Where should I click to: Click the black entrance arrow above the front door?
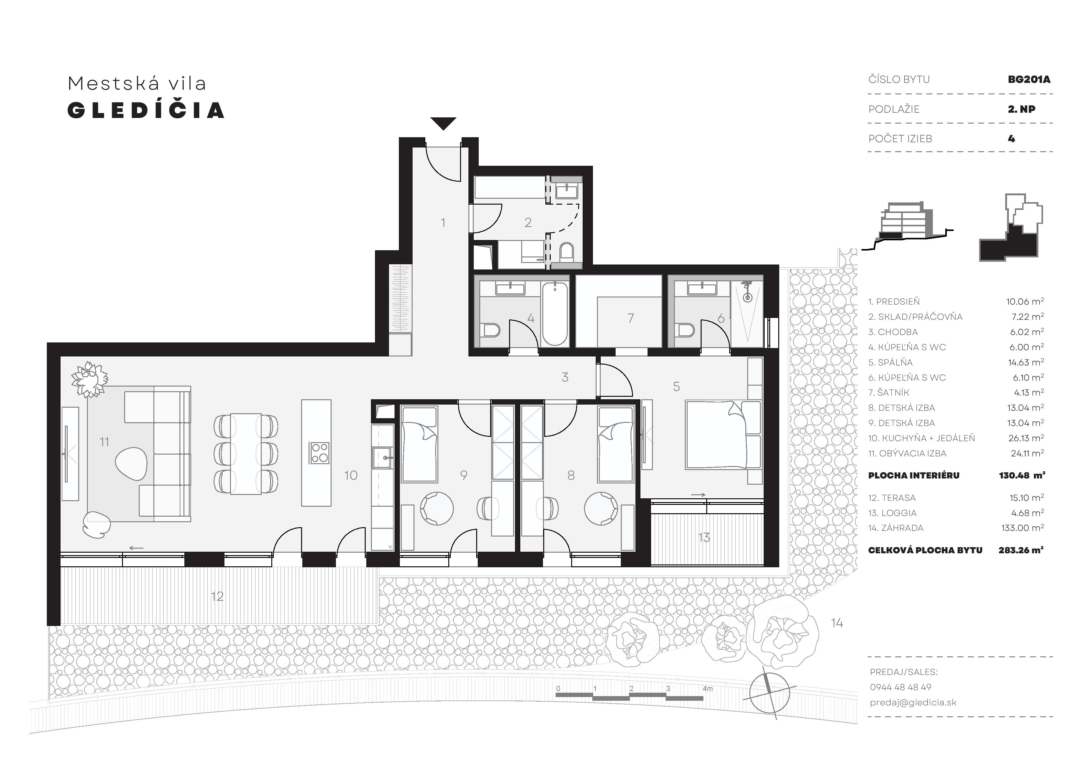tap(444, 123)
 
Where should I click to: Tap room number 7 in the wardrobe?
tap(630, 318)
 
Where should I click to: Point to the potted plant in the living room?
tap(89, 379)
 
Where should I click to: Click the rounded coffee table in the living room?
tap(131, 463)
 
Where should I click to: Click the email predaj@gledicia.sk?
tap(913, 703)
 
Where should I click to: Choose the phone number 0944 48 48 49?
tap(900, 687)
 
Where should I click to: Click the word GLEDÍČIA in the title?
tap(146, 110)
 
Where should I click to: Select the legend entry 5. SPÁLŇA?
tap(890, 362)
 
